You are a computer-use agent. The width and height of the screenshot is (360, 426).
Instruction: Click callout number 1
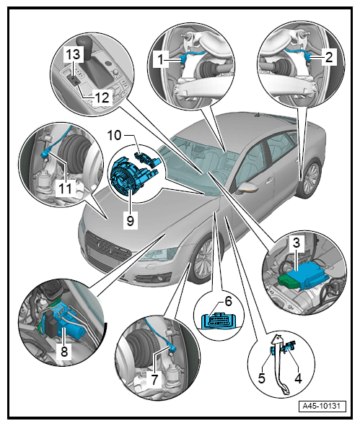161,58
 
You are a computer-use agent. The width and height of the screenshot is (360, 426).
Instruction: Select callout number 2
328,57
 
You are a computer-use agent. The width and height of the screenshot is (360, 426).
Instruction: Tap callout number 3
297,243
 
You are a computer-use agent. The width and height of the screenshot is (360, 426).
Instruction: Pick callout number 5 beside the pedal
261,378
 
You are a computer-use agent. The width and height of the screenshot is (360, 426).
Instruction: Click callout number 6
228,301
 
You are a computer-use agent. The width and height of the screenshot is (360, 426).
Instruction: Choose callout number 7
154,379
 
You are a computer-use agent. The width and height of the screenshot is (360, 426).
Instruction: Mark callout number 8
64,352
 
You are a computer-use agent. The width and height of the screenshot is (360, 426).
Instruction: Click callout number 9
131,221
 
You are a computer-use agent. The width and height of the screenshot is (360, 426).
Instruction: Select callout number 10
114,135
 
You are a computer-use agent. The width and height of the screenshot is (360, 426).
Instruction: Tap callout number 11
65,188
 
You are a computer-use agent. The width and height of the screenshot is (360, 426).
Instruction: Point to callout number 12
102,97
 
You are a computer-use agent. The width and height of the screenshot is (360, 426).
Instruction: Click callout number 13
73,54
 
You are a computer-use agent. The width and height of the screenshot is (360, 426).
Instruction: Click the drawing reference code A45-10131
322,407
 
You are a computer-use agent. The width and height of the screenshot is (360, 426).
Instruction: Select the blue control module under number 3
308,275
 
